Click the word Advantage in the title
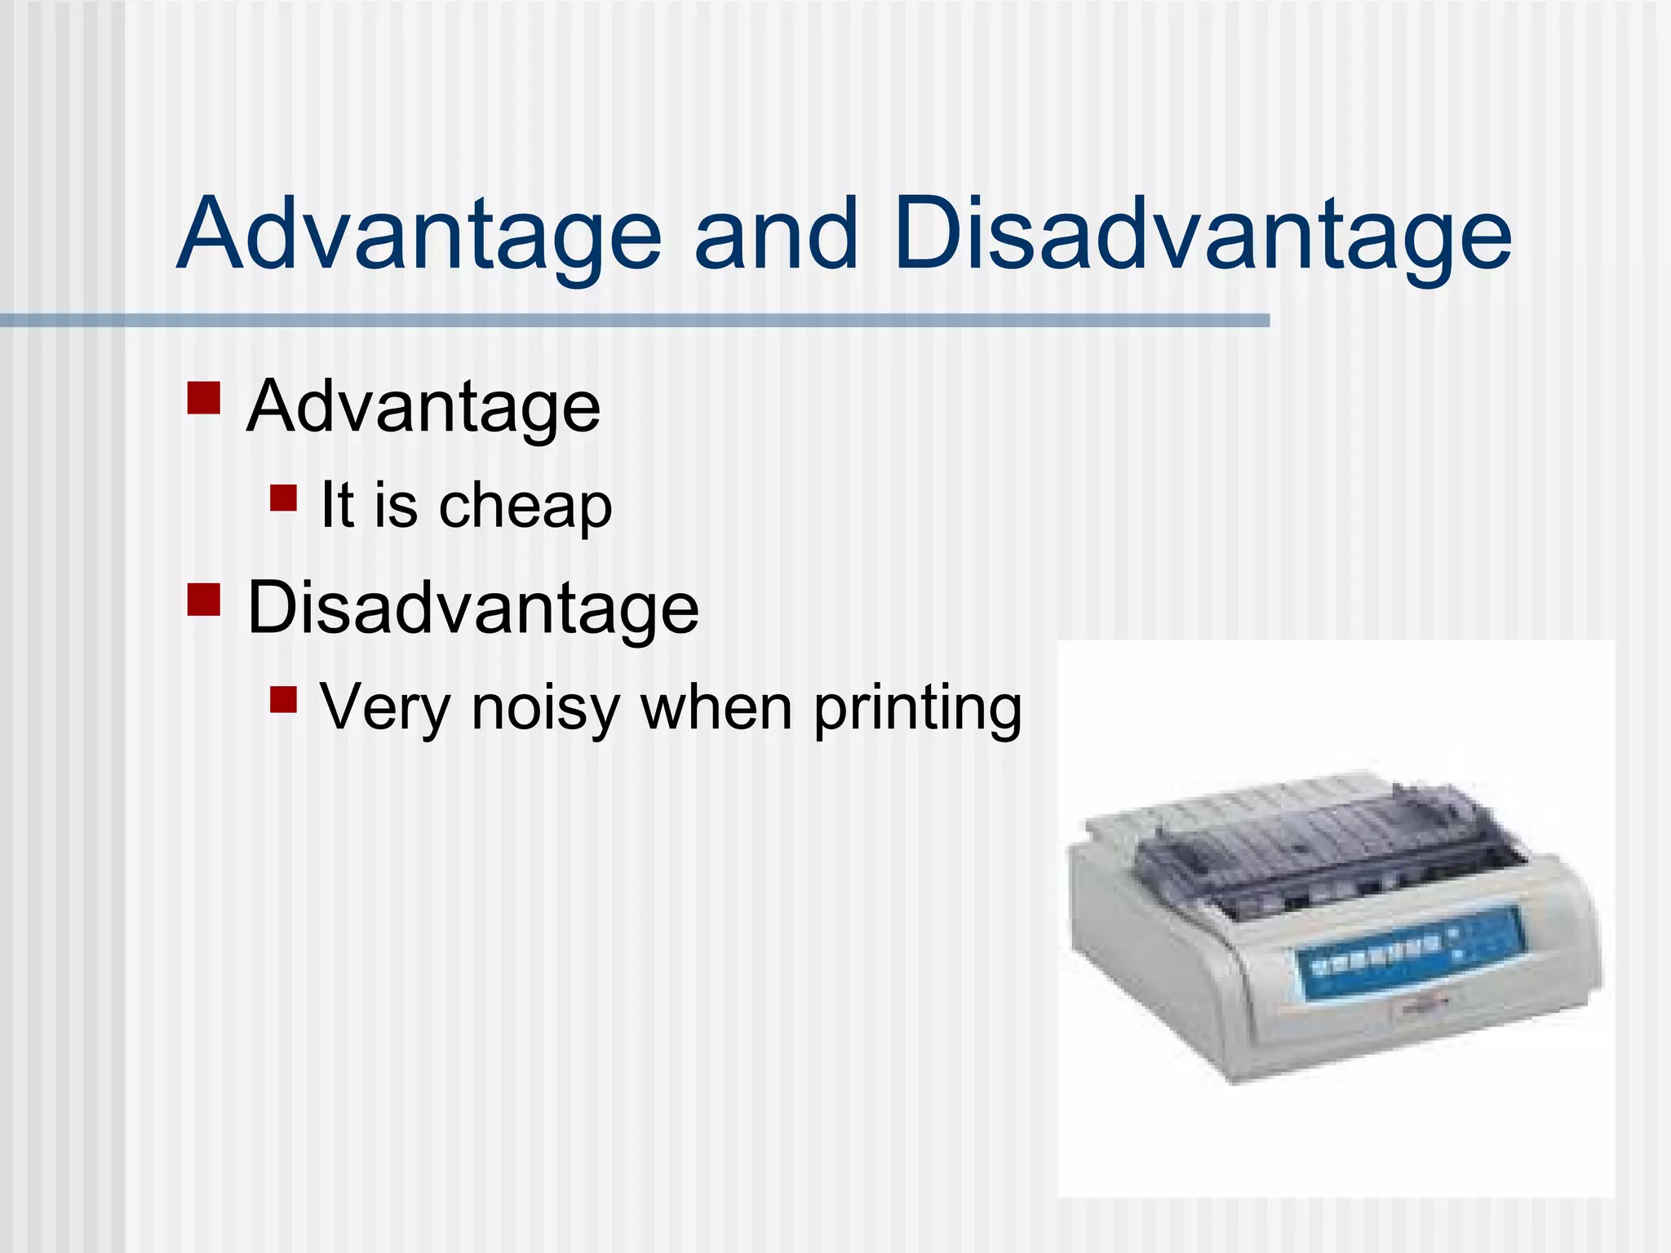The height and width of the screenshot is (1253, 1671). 419,234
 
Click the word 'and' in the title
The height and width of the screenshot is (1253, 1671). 776,234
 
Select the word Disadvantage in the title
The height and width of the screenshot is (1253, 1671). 1202,234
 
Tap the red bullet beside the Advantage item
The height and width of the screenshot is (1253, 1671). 203,399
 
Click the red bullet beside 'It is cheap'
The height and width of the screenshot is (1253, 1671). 283,498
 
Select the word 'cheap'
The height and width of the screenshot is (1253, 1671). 525,507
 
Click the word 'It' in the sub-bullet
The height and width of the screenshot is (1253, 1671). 337,505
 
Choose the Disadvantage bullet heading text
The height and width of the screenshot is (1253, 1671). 473,608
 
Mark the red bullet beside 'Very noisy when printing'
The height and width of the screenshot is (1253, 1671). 283,699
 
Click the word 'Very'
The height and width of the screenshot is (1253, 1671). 384,707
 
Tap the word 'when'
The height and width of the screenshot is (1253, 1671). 716,707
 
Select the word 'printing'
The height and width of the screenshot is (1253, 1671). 917,707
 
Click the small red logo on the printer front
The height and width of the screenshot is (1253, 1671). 1421,1005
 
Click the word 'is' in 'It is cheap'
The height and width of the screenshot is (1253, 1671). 396,505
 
